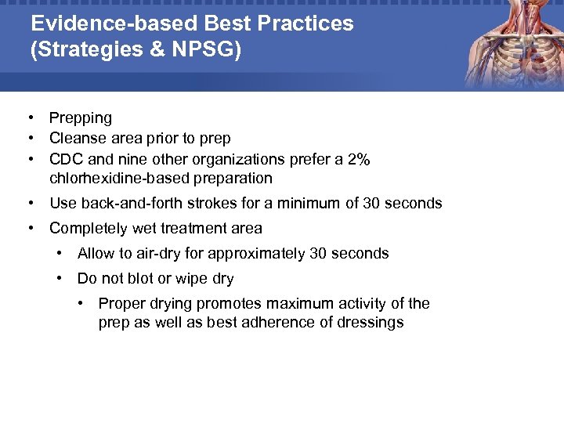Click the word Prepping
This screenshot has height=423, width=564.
81,118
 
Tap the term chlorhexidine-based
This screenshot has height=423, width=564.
119,179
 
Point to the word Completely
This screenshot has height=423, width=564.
88,229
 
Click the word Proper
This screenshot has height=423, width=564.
121,303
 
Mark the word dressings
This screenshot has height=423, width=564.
368,323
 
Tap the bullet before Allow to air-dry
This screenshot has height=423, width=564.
60,254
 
